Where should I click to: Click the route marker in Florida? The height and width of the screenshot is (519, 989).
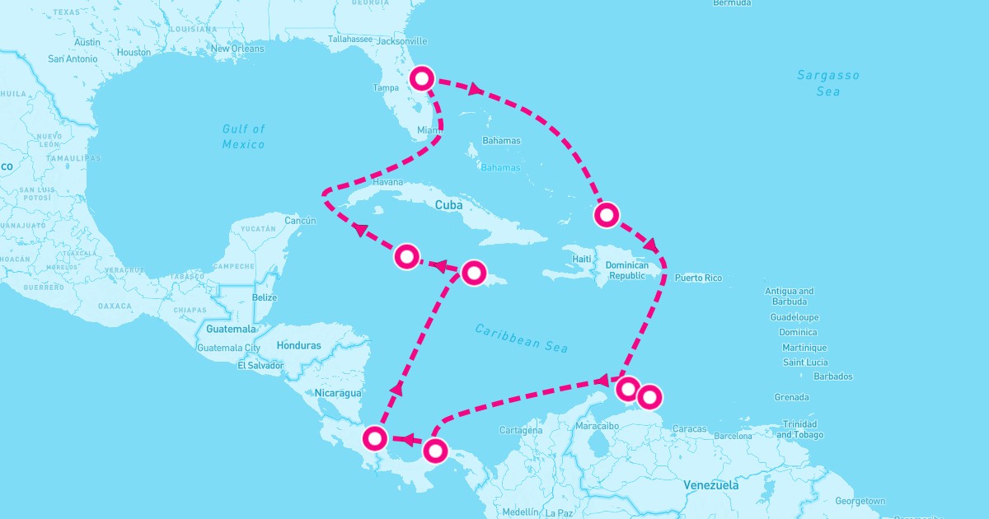click(x=422, y=78)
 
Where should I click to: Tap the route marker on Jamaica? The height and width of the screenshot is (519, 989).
click(x=473, y=273)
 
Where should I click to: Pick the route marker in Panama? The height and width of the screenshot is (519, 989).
click(x=435, y=450)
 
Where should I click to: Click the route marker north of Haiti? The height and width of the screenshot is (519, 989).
click(x=606, y=215)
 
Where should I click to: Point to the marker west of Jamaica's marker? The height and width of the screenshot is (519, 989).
click(x=406, y=256)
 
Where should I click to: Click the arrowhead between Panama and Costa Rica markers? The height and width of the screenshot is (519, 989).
click(x=406, y=439)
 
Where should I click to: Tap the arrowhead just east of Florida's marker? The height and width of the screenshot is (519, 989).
click(x=476, y=87)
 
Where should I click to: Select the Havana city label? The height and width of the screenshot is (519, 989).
click(x=387, y=182)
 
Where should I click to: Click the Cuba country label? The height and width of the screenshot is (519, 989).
click(x=448, y=204)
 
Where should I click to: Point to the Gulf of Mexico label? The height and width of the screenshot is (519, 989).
click(x=243, y=137)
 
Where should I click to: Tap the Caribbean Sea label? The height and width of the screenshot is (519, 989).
click(x=522, y=337)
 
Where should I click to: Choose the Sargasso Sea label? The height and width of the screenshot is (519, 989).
click(x=827, y=83)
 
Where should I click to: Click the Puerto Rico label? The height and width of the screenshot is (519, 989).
click(x=698, y=278)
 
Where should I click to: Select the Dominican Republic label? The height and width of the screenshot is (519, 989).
click(x=627, y=270)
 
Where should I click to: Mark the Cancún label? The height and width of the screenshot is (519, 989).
click(x=300, y=221)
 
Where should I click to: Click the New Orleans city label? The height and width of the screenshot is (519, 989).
click(x=237, y=49)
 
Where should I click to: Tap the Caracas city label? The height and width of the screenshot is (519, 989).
click(x=690, y=429)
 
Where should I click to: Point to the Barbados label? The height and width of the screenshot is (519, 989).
click(x=832, y=376)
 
